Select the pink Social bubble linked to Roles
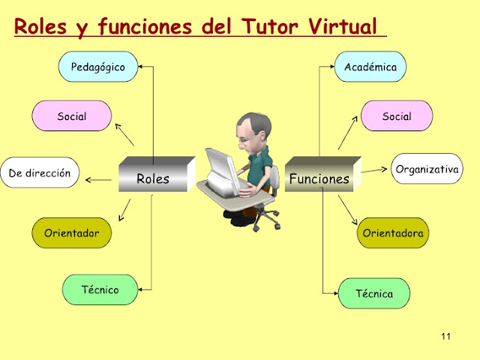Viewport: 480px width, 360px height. click(72, 116)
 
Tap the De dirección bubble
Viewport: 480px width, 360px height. click(40, 173)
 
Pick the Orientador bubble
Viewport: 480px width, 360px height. click(71, 232)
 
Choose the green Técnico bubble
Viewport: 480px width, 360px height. click(100, 289)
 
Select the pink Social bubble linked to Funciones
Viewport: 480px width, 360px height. click(397, 116)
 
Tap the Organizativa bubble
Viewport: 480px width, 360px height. click(427, 169)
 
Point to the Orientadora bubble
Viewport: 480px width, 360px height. click(393, 233)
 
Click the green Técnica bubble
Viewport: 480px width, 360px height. click(374, 293)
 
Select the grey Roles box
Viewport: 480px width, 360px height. click(152, 178)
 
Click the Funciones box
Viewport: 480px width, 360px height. click(319, 178)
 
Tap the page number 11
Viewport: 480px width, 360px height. click(446, 335)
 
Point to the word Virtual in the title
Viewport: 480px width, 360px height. click(342, 28)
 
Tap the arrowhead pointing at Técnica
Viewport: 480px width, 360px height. click(334, 293)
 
